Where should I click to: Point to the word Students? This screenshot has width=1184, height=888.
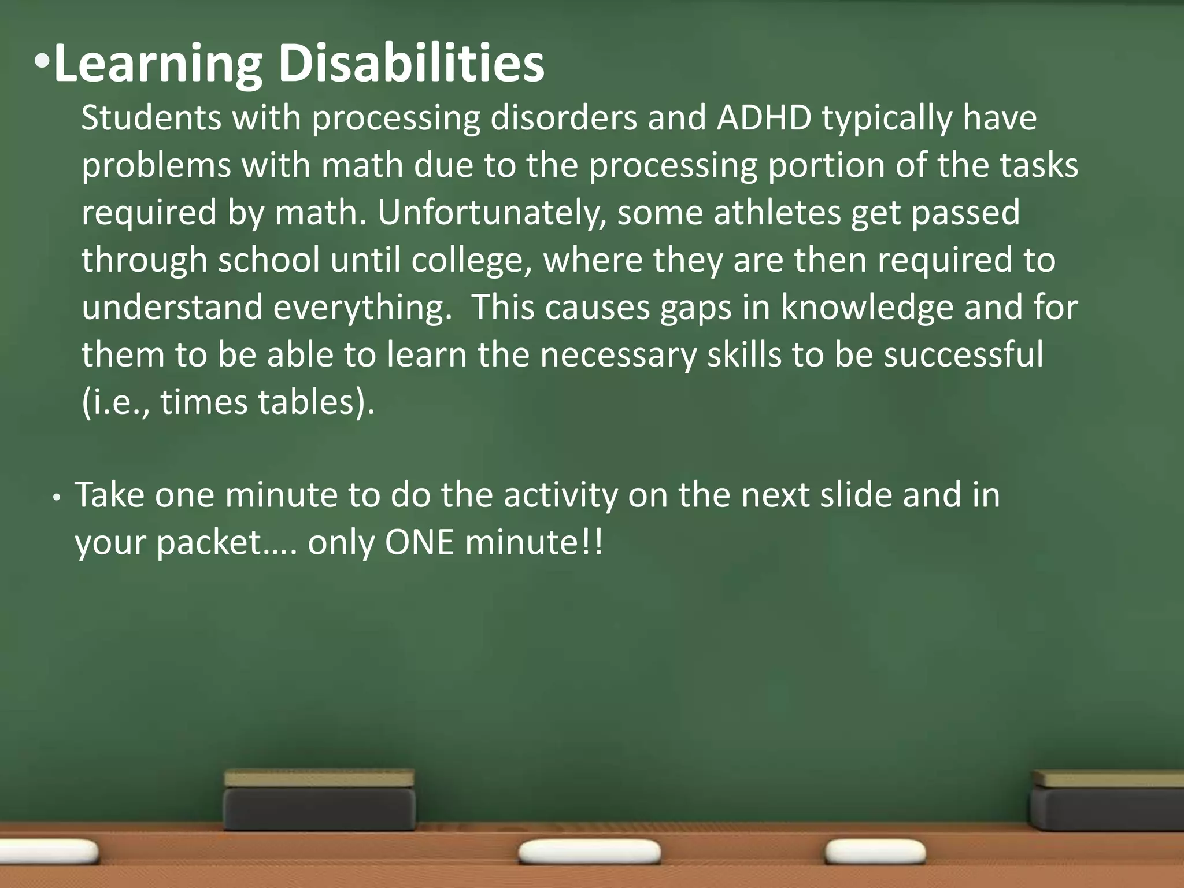pyautogui.click(x=151, y=118)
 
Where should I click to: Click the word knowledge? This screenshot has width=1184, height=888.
pyautogui.click(x=867, y=308)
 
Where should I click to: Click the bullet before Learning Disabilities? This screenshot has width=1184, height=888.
pyautogui.click(x=42, y=61)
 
